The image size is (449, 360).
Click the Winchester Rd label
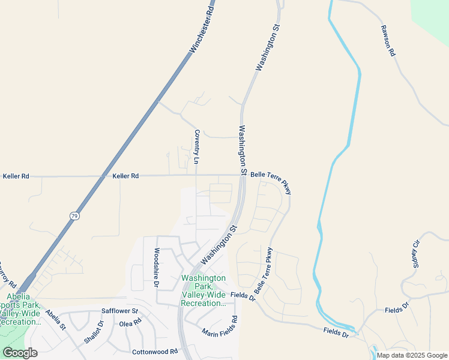[202, 28]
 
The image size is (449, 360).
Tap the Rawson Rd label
[387, 40]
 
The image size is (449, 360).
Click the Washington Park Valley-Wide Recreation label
[203, 290]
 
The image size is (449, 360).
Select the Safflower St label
[119, 311]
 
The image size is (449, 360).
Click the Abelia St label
[55, 320]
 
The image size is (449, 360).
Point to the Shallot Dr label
[94, 331]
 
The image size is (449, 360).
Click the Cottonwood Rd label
[155, 352]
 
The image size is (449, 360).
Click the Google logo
[20, 352]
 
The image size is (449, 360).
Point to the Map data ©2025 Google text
[412, 355]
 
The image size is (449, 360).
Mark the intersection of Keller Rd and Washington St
[241, 175]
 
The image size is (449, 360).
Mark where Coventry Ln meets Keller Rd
[196, 176]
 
